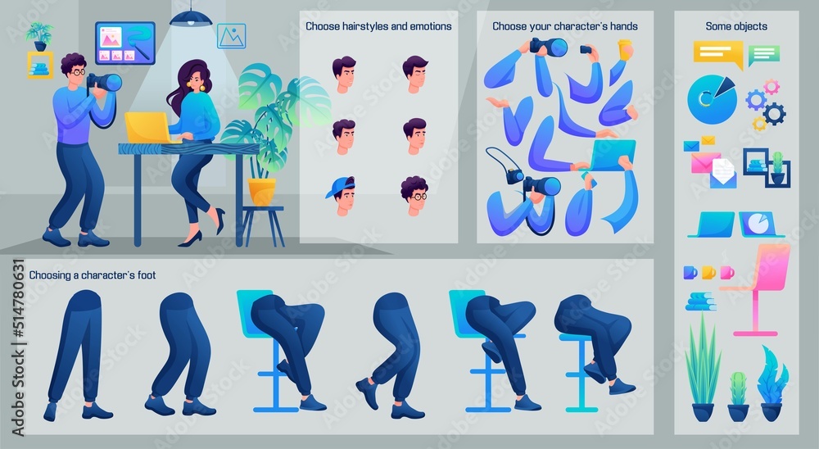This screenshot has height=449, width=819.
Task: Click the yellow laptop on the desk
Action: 147,128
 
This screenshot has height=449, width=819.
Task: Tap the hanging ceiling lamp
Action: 191,18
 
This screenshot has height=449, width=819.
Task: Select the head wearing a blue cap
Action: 342,196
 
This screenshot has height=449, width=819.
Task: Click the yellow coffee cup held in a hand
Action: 625,50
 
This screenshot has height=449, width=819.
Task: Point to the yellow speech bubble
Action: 718,54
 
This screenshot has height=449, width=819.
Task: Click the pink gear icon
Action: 771,87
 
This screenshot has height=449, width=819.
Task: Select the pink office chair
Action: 758,288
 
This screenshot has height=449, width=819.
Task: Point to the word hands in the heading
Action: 623,26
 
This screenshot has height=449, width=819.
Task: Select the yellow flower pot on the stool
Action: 262,192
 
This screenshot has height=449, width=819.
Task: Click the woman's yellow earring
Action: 201,88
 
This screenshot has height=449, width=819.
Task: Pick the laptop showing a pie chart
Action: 761,224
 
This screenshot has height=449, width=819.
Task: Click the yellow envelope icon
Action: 708,140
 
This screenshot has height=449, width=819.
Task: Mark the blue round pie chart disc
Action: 712,99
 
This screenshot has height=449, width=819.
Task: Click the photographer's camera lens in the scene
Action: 111,83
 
